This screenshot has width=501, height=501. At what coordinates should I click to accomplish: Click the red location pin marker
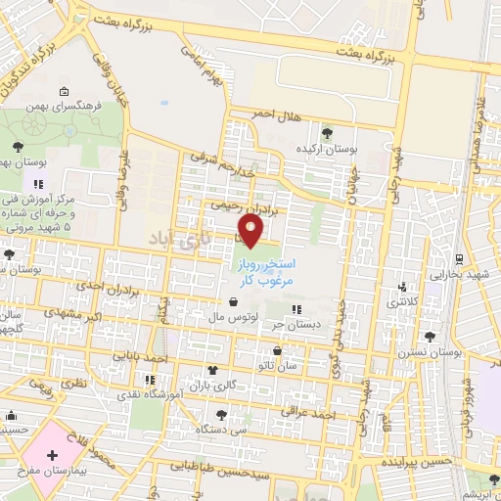click(252, 231)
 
